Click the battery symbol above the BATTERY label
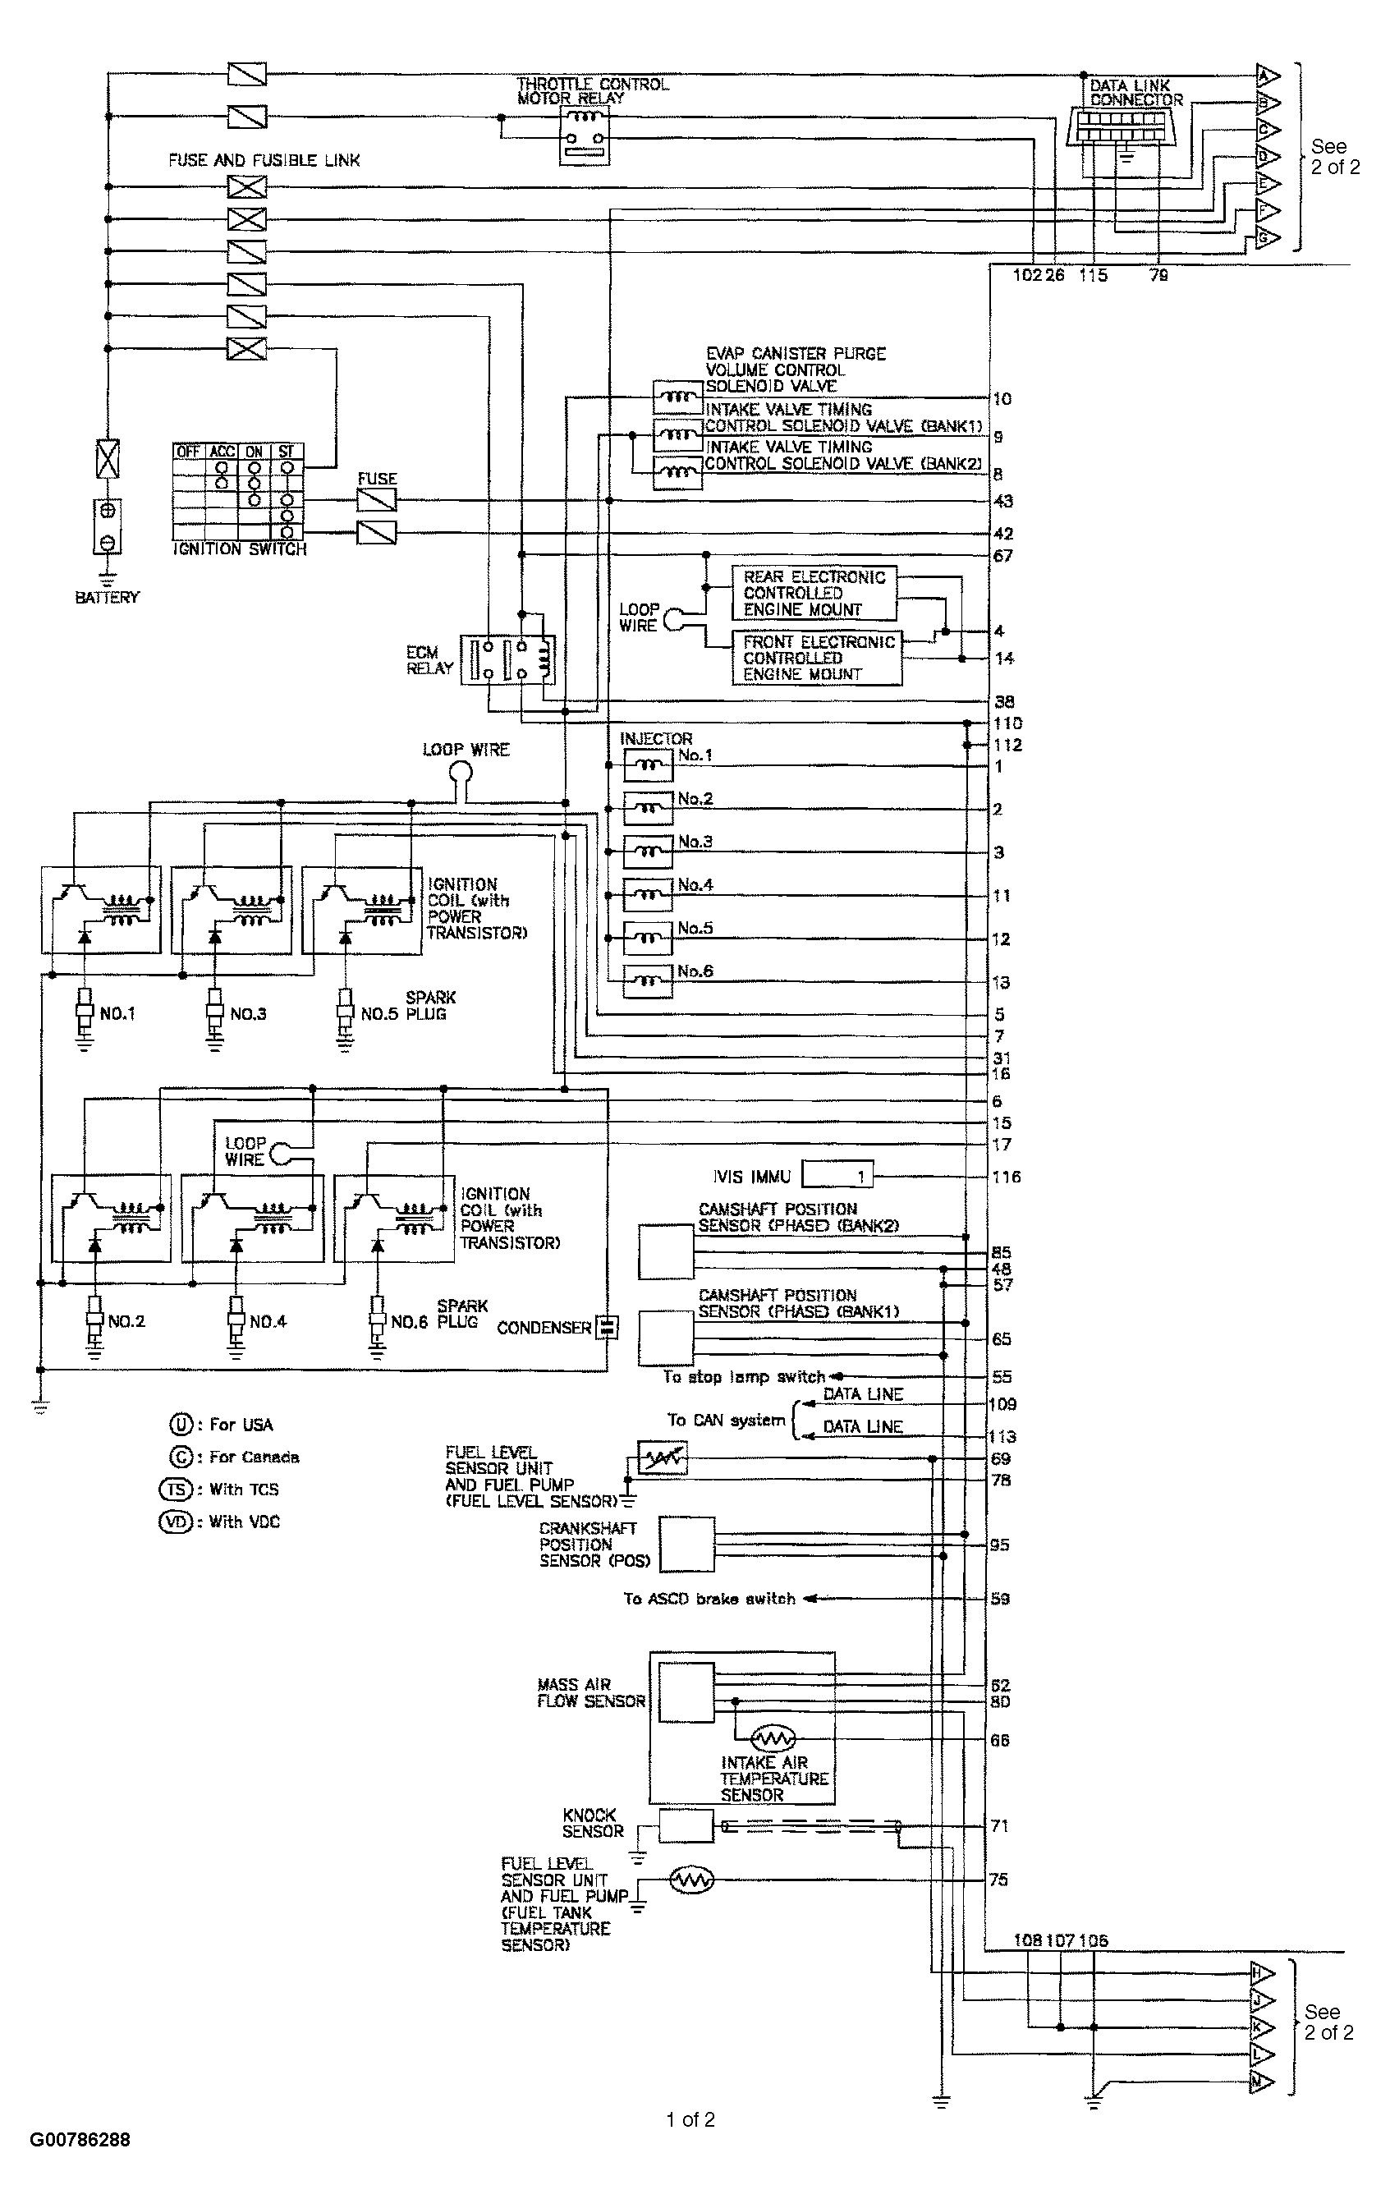click(x=108, y=526)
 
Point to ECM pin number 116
click(x=1006, y=1177)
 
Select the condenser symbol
click(x=606, y=1328)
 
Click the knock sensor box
click(x=686, y=1825)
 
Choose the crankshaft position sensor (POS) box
click(x=686, y=1545)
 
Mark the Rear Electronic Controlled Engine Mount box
click(x=814, y=594)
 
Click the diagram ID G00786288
click(x=80, y=2139)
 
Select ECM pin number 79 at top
click(x=1159, y=275)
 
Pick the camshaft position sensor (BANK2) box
click(x=666, y=1251)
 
